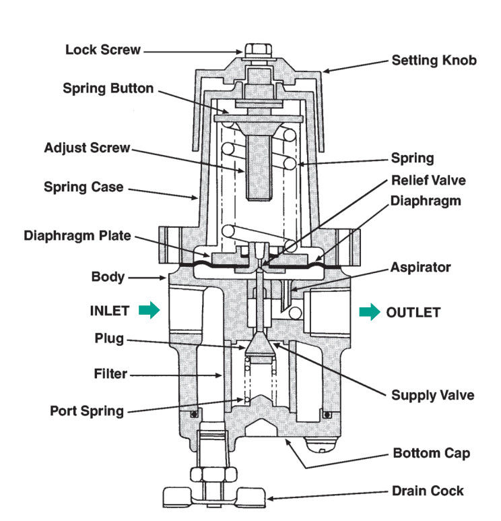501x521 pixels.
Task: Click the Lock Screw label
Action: point(103,50)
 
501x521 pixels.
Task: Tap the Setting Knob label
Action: point(434,61)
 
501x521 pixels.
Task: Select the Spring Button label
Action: point(108,88)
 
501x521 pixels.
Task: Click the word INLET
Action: point(109,311)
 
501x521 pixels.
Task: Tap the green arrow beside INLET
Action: point(149,311)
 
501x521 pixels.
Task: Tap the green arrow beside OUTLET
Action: point(368,312)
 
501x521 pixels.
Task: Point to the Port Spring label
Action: point(87,410)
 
